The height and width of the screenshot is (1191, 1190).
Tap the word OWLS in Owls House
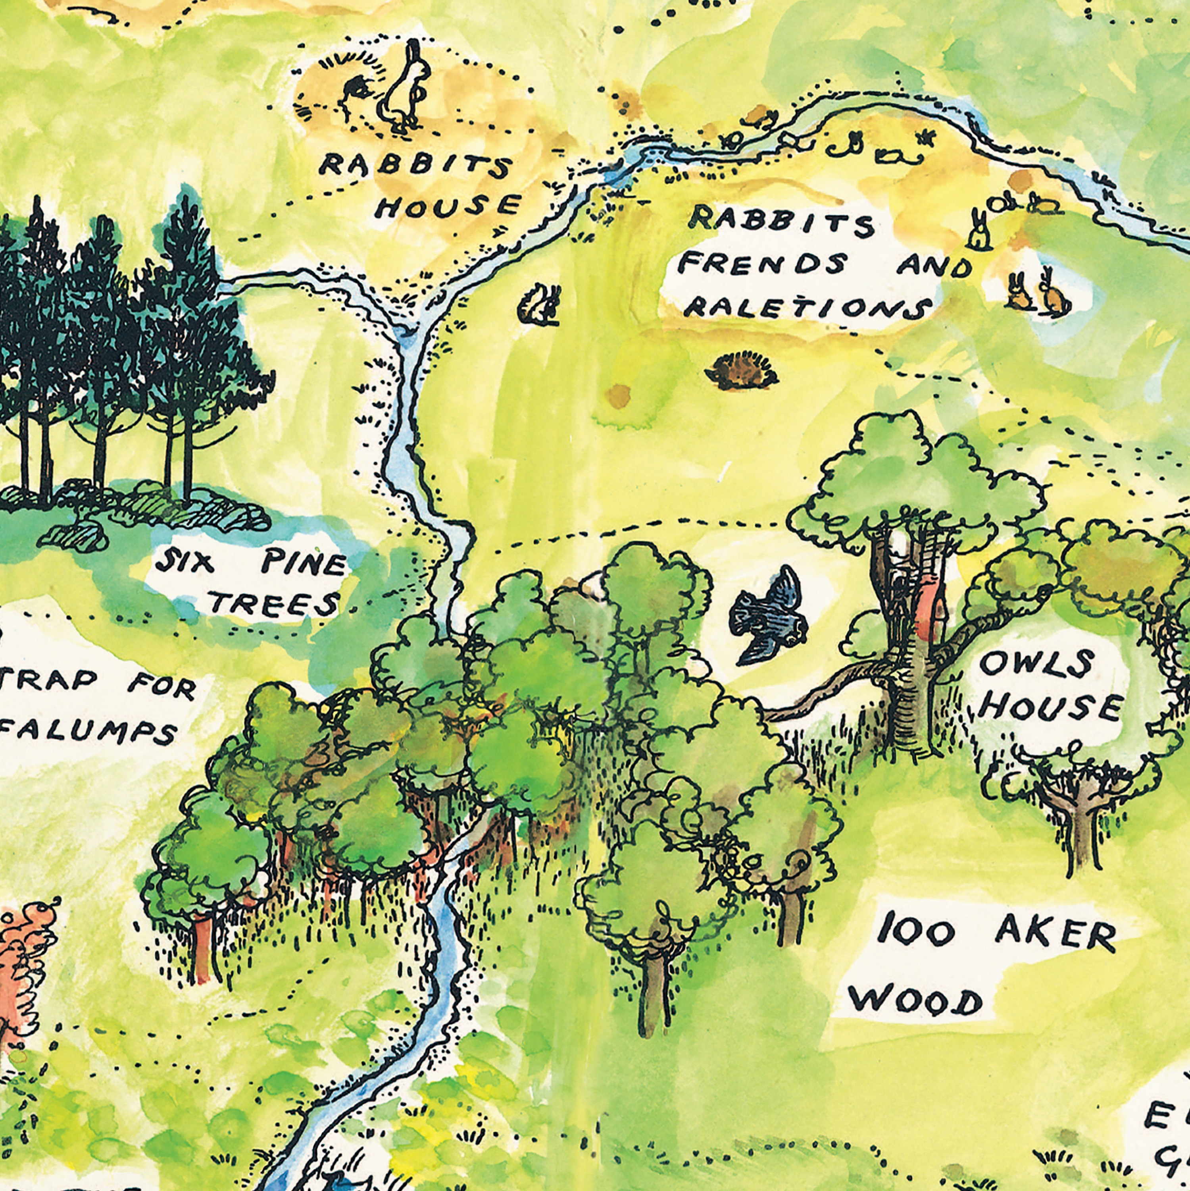click(x=1028, y=664)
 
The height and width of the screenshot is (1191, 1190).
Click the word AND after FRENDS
click(x=934, y=266)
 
